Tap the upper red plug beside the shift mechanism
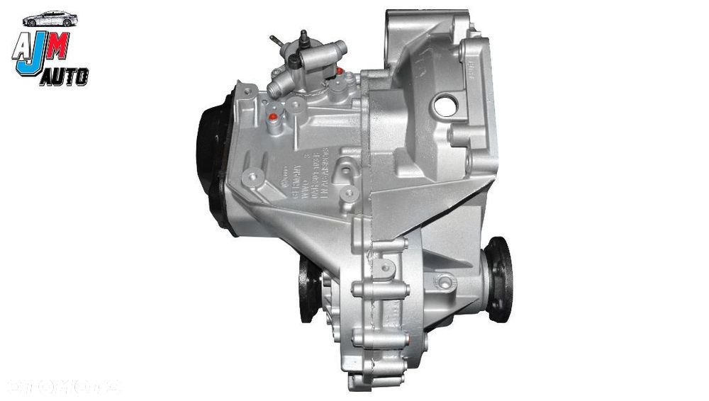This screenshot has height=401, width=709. click(x=340, y=72)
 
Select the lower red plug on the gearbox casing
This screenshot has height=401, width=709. click(x=274, y=115)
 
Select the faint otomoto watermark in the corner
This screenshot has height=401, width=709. click(x=64, y=387)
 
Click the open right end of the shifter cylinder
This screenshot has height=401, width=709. click(x=342, y=49)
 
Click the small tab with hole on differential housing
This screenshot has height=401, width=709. click(x=386, y=266)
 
